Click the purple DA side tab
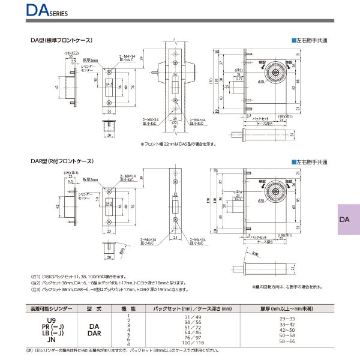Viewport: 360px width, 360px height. (x=344, y=220)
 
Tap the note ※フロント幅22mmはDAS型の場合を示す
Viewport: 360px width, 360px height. (x=178, y=145)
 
